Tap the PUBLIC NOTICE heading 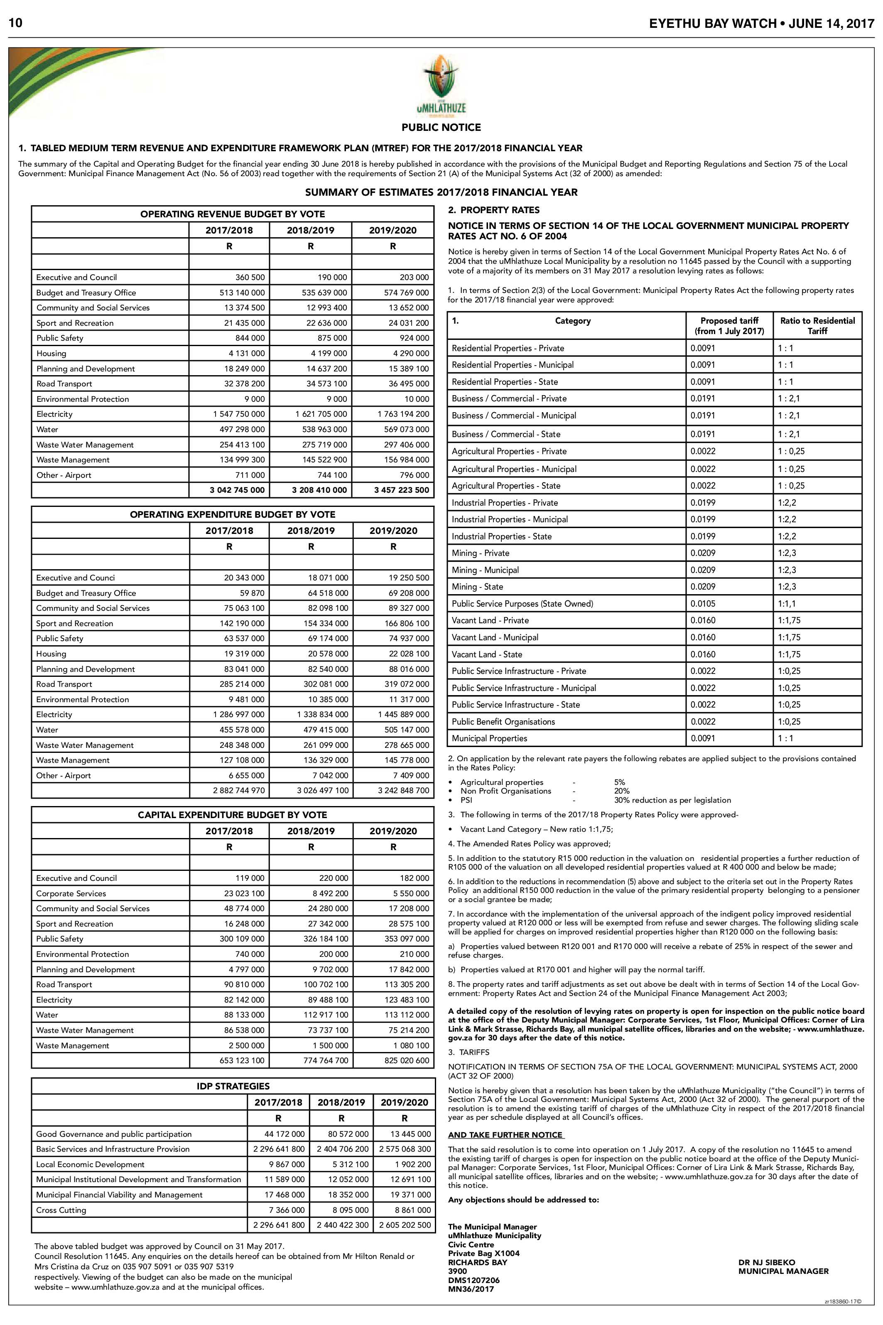tap(441, 127)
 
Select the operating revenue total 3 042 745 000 tap(236, 490)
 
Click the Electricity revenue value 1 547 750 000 tap(238, 414)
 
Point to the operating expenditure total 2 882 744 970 tap(238, 790)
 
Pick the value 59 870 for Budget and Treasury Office tap(250, 592)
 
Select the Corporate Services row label tap(71, 893)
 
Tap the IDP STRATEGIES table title tap(233, 1086)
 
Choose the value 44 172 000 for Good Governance tap(285, 1134)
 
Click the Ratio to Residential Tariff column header tap(817, 326)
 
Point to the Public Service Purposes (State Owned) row tap(522, 603)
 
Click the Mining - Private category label tap(481, 553)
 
